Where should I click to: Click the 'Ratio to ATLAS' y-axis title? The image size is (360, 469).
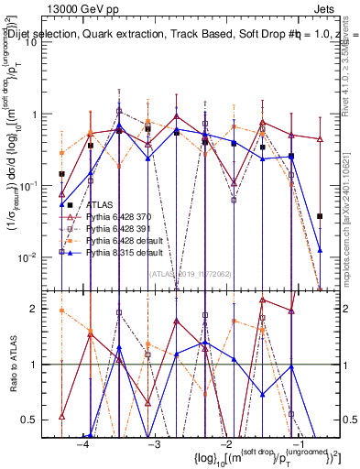point(13,365)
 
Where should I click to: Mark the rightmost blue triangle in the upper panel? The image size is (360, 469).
point(320,249)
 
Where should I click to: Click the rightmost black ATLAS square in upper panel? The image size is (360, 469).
point(320,216)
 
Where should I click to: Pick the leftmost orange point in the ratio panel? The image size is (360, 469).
point(61,311)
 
